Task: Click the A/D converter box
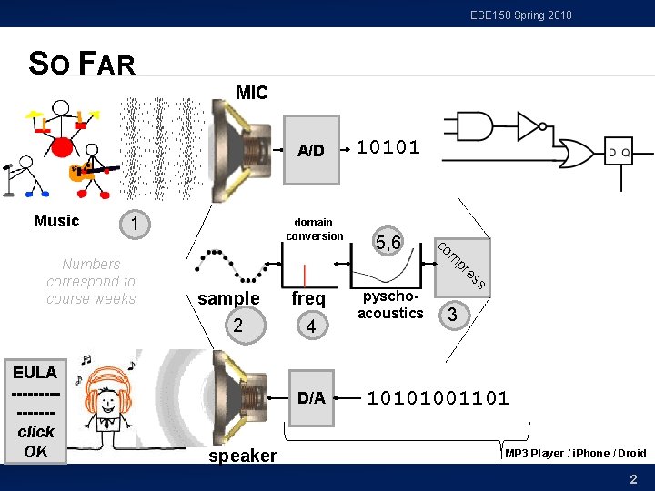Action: tap(311, 150)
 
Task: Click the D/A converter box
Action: tap(311, 397)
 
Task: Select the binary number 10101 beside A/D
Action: tap(388, 147)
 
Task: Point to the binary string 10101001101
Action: tap(438, 397)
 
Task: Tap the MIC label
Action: tap(251, 93)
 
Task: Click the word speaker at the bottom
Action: tap(243, 456)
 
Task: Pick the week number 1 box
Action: tap(135, 224)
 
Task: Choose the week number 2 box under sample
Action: tap(237, 325)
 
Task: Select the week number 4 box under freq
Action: tap(311, 325)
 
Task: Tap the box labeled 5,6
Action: tap(388, 242)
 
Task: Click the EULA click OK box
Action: tap(35, 412)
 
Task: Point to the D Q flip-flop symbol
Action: tap(619, 153)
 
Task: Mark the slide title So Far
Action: tap(82, 64)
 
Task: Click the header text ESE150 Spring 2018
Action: tap(520, 15)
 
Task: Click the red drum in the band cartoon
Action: tap(61, 146)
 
